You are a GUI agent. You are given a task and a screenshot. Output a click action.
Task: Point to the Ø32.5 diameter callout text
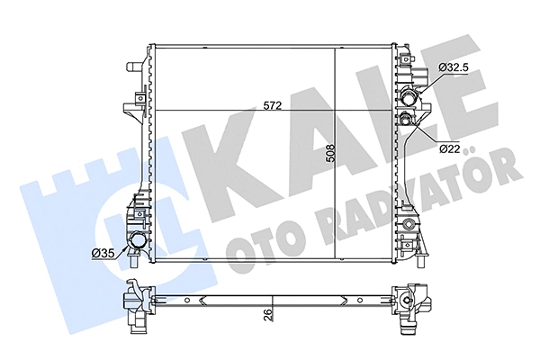click(x=456, y=67)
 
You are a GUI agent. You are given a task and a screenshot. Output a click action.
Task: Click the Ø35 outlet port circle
click(x=138, y=243)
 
